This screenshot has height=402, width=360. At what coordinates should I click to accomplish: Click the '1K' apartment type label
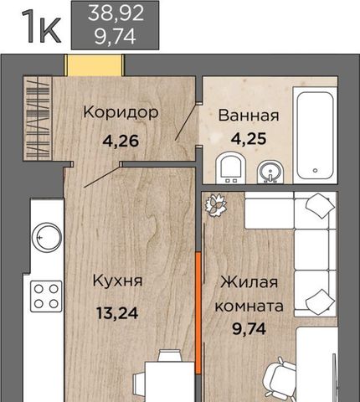coord(39,24)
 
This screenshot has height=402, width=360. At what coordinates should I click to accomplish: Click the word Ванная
coord(248,116)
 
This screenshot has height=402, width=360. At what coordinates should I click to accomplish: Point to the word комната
coord(248,306)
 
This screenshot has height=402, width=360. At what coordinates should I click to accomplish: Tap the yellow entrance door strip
coord(95,64)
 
